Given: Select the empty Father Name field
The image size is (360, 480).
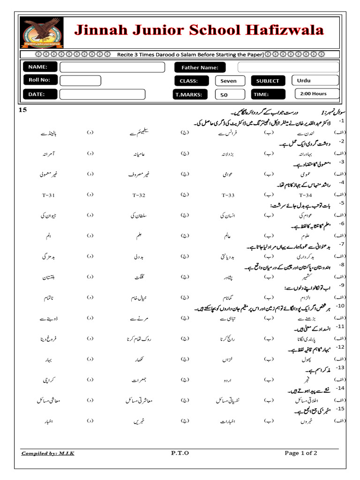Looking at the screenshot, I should [x=287, y=67].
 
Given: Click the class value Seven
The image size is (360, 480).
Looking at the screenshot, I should [x=228, y=81].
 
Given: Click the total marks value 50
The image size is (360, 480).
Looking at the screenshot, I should [x=224, y=95].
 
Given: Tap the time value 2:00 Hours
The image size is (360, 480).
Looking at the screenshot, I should [x=314, y=94].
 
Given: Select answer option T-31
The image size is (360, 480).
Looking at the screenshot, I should [x=48, y=195].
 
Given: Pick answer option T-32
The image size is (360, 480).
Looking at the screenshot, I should [x=139, y=195].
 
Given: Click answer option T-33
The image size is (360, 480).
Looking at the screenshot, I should [x=228, y=195].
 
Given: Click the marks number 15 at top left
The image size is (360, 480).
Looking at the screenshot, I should [x=23, y=110].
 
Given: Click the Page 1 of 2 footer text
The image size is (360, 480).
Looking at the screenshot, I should [x=301, y=453].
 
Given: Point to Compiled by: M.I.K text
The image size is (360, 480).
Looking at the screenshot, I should [x=48, y=453].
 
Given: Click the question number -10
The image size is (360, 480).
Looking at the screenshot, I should [x=341, y=306].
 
